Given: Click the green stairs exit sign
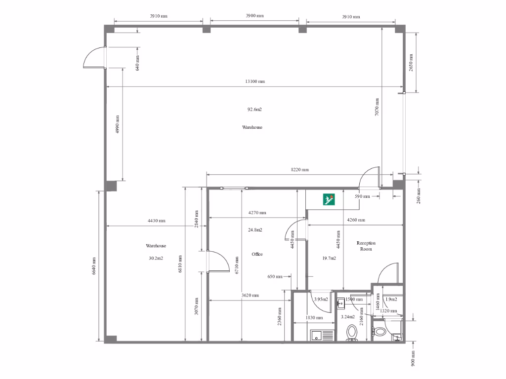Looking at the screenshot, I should [x=330, y=199].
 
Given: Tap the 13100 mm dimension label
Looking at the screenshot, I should [x=255, y=81].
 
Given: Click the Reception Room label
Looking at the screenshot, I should [x=366, y=246].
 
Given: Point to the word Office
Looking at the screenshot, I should [x=257, y=254].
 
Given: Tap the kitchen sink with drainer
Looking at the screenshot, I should [x=322, y=336].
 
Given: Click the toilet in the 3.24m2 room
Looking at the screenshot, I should [x=352, y=332].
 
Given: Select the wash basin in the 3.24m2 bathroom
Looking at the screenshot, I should [x=341, y=303].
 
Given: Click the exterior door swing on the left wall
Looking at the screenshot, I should [x=94, y=58].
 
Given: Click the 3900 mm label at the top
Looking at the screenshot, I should [x=254, y=16].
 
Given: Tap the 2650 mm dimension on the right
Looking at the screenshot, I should [x=411, y=63].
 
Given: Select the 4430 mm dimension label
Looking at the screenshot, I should [x=156, y=221].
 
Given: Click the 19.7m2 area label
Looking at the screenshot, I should [x=329, y=258].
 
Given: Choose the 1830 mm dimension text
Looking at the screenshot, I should [x=314, y=318].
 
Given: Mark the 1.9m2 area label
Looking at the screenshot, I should [x=391, y=300].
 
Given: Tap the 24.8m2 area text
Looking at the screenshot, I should [x=255, y=230].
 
